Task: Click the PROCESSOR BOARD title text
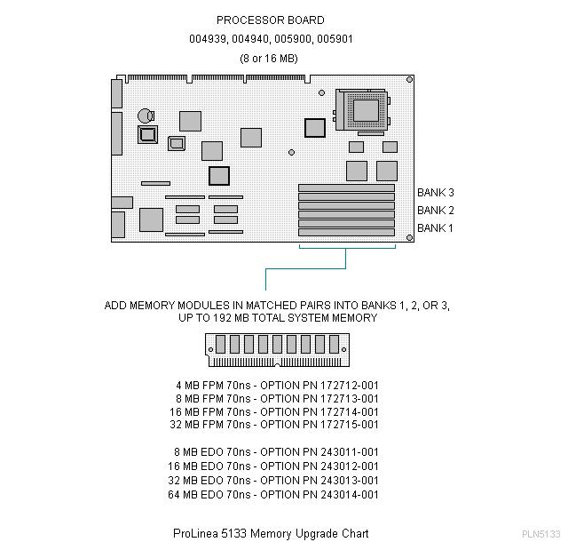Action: (x=271, y=20)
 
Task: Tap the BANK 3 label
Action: (x=436, y=192)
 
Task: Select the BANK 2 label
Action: (x=436, y=210)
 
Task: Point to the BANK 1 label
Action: (x=436, y=227)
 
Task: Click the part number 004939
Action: (x=206, y=39)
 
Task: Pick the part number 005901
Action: (x=335, y=39)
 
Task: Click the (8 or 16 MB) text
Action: (x=271, y=59)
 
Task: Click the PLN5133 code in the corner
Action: (x=540, y=534)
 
